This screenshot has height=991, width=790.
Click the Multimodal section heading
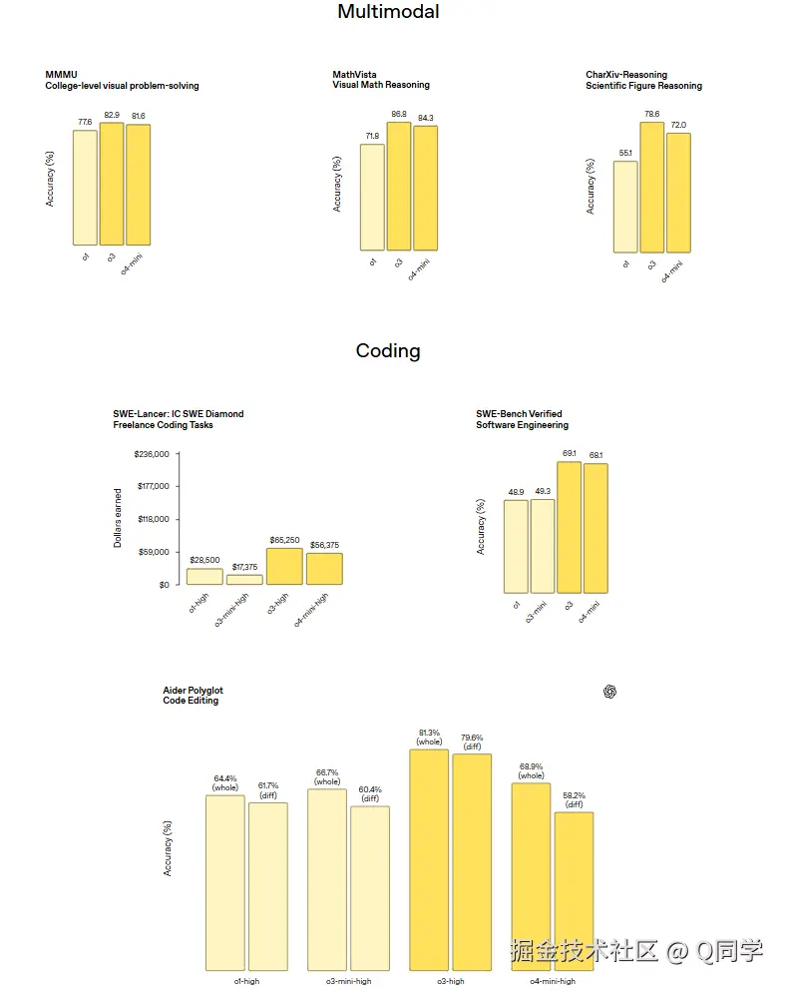tap(388, 12)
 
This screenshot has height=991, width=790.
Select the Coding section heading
tap(388, 351)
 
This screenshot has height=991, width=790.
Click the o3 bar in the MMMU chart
tap(112, 184)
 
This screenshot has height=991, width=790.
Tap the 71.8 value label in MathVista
tap(371, 136)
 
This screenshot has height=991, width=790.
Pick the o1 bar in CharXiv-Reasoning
tap(625, 207)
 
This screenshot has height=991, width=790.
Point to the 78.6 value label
tap(651, 114)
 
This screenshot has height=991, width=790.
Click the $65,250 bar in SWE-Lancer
tap(284, 566)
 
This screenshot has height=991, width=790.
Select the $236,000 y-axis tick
tap(152, 454)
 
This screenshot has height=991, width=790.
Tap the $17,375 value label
tap(244, 567)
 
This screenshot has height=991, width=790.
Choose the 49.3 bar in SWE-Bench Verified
tap(543, 546)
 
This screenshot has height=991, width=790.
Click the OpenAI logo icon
tap(610, 691)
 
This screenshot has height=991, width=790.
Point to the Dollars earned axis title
tap(118, 518)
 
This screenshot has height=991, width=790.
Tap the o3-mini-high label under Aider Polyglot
tap(348, 981)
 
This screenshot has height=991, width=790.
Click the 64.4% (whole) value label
tap(226, 782)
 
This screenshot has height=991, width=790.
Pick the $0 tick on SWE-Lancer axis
tap(163, 585)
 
